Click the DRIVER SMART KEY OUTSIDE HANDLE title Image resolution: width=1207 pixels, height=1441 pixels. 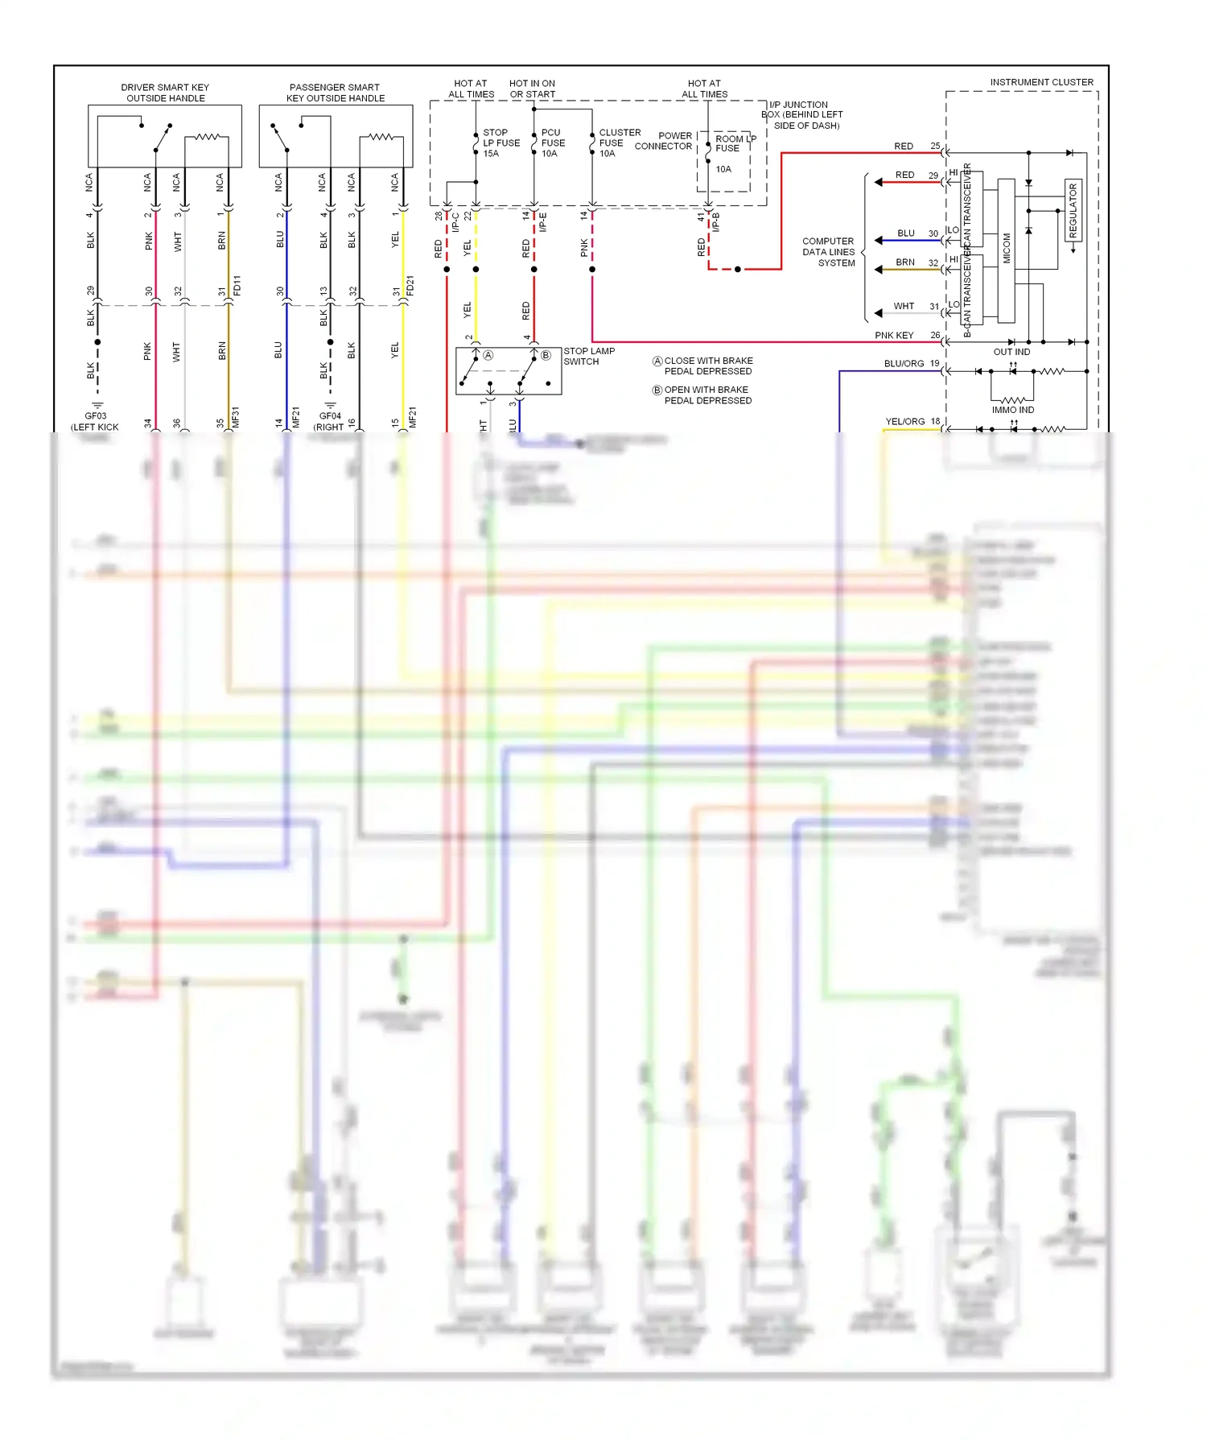165,93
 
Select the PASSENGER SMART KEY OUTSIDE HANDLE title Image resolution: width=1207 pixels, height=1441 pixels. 335,93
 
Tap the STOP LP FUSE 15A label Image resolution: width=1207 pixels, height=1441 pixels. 501,142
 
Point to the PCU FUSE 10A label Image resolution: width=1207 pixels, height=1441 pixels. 553,142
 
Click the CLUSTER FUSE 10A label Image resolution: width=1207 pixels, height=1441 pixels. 619,142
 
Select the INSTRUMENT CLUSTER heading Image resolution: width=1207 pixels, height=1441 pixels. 1041,82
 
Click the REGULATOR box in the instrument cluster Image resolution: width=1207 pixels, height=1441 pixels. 1073,210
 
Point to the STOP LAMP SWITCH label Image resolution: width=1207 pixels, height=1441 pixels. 589,356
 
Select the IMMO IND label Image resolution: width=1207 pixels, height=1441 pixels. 1012,410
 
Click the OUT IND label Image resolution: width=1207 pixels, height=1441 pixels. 1011,352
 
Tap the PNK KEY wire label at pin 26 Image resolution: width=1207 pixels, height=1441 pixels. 894,335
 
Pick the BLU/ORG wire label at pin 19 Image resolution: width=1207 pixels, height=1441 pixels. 904,363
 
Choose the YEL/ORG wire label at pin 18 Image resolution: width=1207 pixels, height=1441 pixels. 904,421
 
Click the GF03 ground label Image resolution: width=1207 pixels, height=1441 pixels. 96,416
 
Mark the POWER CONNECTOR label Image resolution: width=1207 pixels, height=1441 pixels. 665,141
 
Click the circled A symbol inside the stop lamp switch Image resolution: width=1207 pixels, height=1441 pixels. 488,355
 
